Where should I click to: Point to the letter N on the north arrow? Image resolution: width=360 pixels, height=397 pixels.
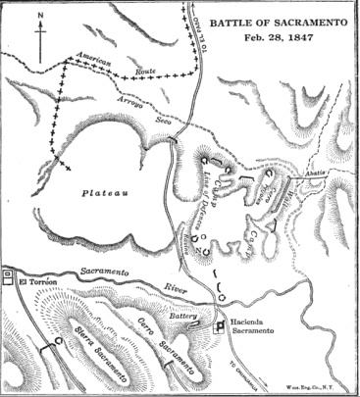pos(38,15)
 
